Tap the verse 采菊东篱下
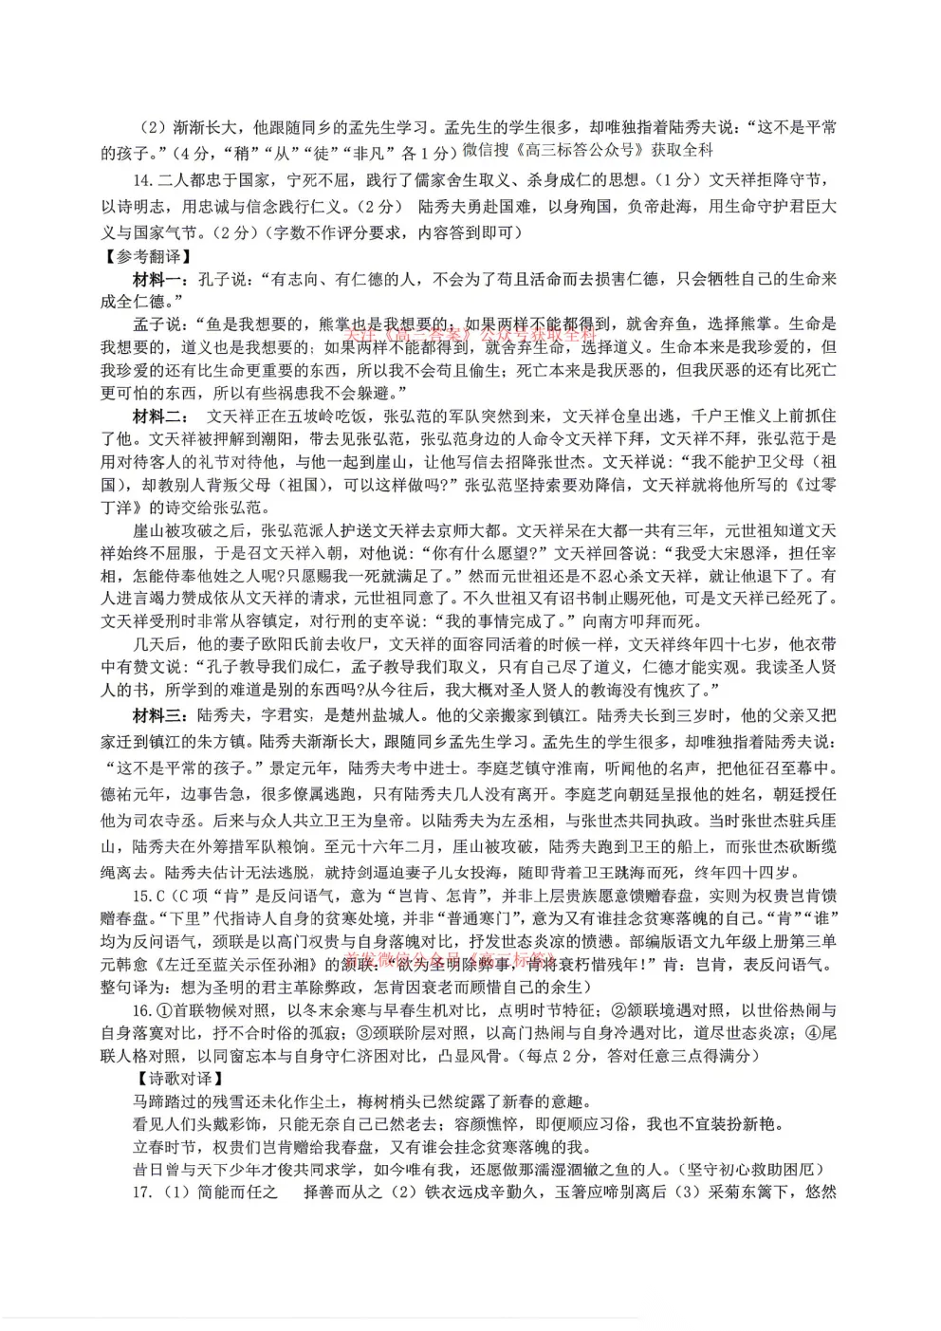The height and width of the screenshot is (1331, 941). pyautogui.click(x=747, y=1192)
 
